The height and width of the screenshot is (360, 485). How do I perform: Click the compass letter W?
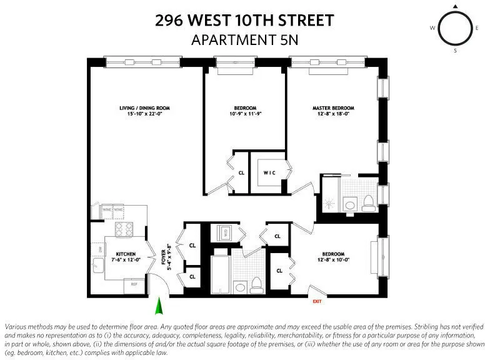click(x=432, y=28)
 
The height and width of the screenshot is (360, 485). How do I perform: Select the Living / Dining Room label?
click(x=144, y=108)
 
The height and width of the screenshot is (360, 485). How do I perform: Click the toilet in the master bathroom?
click(x=368, y=202)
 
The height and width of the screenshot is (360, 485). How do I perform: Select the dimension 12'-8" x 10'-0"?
click(x=338, y=259)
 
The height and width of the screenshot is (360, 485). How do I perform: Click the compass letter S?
click(x=455, y=51)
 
